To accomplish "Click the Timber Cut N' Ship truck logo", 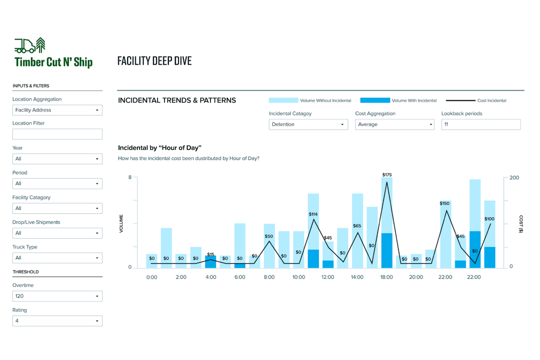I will coord(30,45).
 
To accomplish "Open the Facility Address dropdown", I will coord(57,110).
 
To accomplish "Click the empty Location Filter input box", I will coord(57,134).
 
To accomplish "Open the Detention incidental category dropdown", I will coord(308,124).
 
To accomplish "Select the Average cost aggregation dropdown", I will coord(394,124).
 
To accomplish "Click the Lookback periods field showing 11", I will coord(480,124).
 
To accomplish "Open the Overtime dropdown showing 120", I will coord(57,296).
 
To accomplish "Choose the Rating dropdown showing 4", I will coord(57,321).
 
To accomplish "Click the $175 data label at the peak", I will coord(387,175).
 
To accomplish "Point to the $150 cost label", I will coord(444,203).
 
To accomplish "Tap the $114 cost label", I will coord(313,214).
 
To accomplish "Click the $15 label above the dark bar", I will coord(211,254).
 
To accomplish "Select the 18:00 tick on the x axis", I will coord(386,277).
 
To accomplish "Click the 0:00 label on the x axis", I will coord(152,277).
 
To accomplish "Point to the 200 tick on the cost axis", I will coord(514,177).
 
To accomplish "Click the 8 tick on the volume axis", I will coord(130,177).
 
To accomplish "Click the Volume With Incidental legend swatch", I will coord(375,100).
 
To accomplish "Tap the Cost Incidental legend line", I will coord(460,100).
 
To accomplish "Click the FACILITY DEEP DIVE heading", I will coord(154,61).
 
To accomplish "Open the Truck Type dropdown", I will coord(57,258).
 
